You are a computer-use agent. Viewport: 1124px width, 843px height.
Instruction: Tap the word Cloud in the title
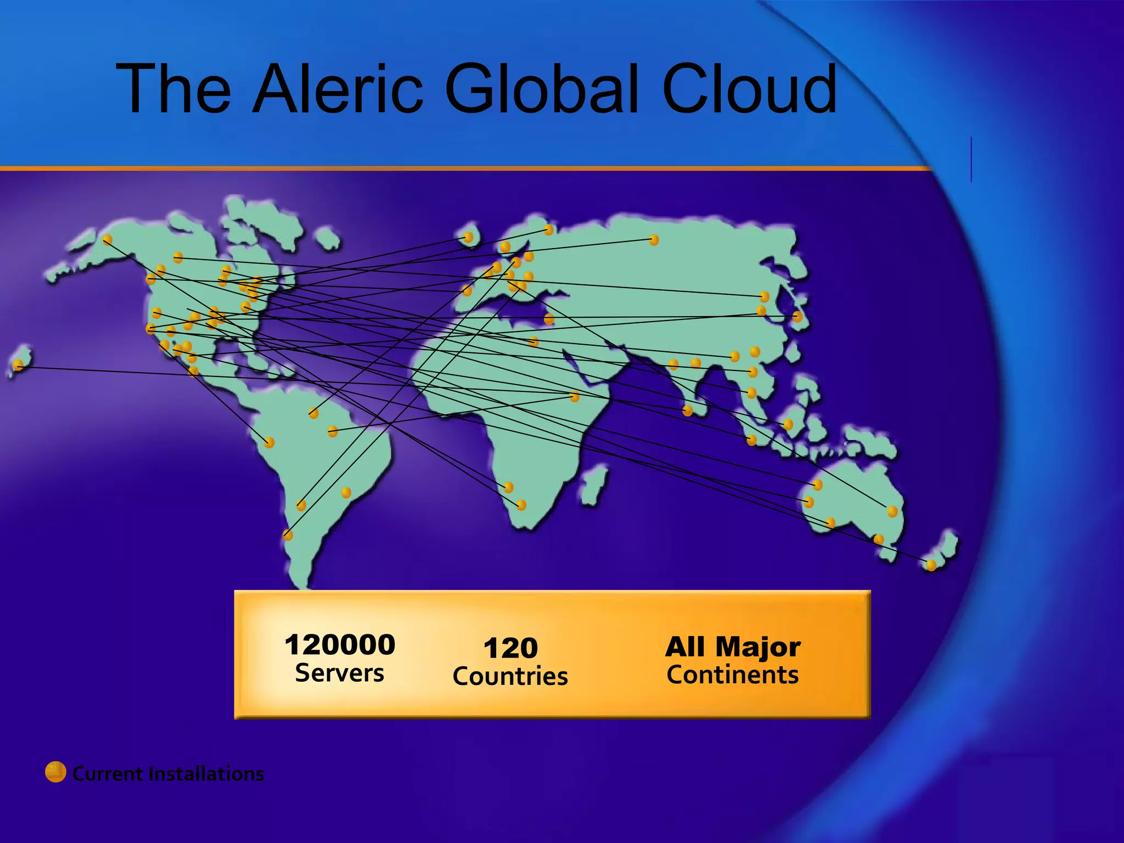point(749,89)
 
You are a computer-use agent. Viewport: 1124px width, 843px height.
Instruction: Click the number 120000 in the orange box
point(340,644)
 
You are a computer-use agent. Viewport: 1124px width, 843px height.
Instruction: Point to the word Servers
point(340,673)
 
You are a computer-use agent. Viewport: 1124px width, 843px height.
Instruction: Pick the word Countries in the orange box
point(510,676)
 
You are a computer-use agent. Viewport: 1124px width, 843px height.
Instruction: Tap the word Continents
point(733,675)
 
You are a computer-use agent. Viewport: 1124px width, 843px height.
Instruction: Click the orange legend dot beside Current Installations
point(55,772)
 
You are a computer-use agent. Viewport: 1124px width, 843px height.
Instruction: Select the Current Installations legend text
point(168,774)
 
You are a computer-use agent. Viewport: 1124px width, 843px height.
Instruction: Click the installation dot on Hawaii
point(19,364)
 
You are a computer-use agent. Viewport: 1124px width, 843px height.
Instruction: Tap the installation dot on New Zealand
point(931,565)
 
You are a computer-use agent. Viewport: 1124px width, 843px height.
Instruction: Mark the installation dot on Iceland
point(468,237)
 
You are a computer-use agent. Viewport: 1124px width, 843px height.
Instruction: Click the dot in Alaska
point(108,239)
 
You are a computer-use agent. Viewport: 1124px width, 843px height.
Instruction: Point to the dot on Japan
point(797,317)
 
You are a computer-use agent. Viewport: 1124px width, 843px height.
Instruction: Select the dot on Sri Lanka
point(687,410)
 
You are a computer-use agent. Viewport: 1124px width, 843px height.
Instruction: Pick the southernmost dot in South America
point(288,535)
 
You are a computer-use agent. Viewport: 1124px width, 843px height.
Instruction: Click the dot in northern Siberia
point(653,240)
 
